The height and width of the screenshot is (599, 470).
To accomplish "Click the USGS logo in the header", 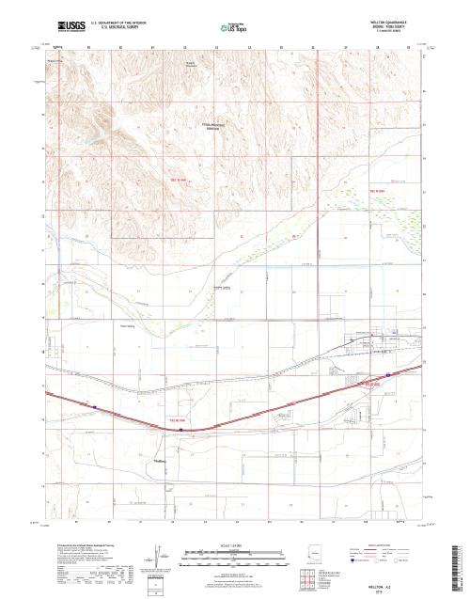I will pos(71,27).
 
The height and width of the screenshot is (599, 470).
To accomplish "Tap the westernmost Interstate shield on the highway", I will pos(96,406).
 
